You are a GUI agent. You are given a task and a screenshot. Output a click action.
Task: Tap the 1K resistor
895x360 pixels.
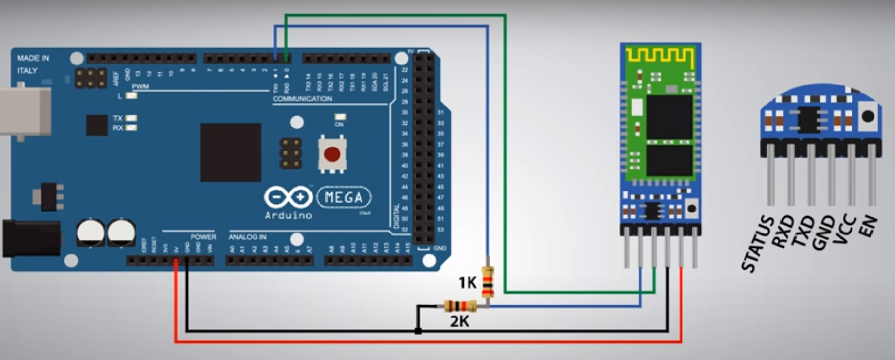pyautogui.click(x=488, y=282)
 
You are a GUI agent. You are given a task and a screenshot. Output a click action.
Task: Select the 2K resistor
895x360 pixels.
pyautogui.click(x=460, y=306)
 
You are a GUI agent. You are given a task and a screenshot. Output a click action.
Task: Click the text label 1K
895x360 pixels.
pyautogui.click(x=467, y=282)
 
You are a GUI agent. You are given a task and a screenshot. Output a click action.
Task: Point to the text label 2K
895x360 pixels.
pyautogui.click(x=459, y=321)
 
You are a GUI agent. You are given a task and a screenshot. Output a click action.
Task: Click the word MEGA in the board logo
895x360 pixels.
pyautogui.click(x=344, y=197)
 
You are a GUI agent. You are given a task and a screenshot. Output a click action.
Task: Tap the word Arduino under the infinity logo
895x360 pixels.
pyautogui.click(x=288, y=215)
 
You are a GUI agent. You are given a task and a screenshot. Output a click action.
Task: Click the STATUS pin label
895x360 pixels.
pyautogui.click(x=757, y=244)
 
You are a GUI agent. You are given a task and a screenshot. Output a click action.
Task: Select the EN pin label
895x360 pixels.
pyautogui.click(x=868, y=227)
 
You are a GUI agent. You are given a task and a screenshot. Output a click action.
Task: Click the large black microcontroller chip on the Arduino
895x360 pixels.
pyautogui.click(x=231, y=152)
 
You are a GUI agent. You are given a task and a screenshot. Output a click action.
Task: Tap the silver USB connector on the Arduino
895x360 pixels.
pyautogui.click(x=24, y=111)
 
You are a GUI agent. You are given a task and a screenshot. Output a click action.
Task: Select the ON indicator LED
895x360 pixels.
pyautogui.click(x=340, y=117)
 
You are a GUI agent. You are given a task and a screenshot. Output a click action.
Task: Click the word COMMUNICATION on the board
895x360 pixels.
pyautogui.click(x=302, y=99)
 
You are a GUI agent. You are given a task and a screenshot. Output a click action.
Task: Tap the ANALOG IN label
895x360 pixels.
pyautogui.click(x=248, y=237)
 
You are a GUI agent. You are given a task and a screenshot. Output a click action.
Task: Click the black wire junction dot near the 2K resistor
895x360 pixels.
pyautogui.click(x=418, y=331)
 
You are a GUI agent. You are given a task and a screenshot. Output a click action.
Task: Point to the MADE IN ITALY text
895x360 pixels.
pyautogui.click(x=33, y=64)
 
